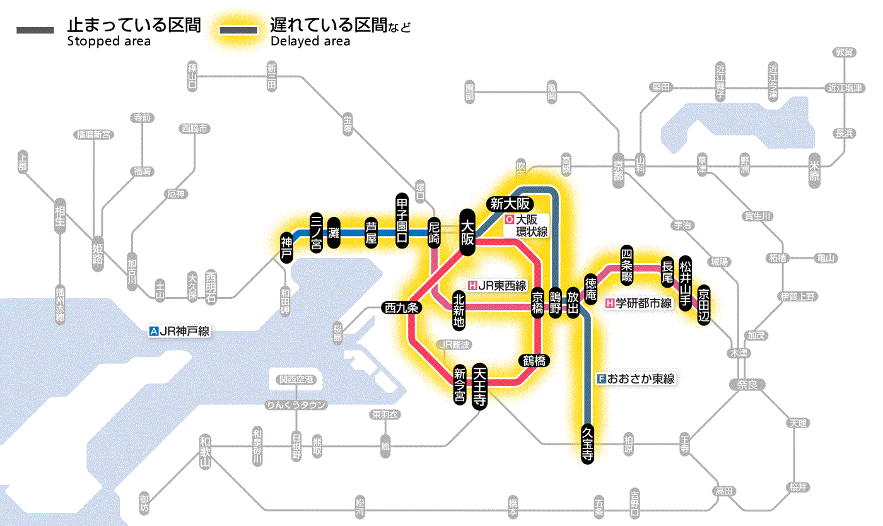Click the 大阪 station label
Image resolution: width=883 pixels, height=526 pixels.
pyautogui.click(x=467, y=232)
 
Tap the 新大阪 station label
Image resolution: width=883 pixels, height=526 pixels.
pyautogui.click(x=510, y=204)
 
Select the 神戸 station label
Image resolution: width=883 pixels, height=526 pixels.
pyautogui.click(x=287, y=247)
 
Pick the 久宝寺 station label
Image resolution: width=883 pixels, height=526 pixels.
pyautogui.click(x=587, y=444)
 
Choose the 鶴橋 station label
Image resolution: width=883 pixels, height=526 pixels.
pyautogui.click(x=534, y=361)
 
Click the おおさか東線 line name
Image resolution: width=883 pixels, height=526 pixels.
pyautogui.click(x=636, y=379)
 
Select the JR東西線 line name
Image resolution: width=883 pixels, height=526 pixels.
pyautogui.click(x=498, y=285)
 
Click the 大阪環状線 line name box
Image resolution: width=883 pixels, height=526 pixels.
pyautogui.click(x=527, y=226)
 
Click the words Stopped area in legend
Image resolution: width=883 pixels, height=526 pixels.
pyautogui.click(x=108, y=42)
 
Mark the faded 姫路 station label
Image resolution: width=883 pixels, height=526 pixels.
pyautogui.click(x=98, y=255)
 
